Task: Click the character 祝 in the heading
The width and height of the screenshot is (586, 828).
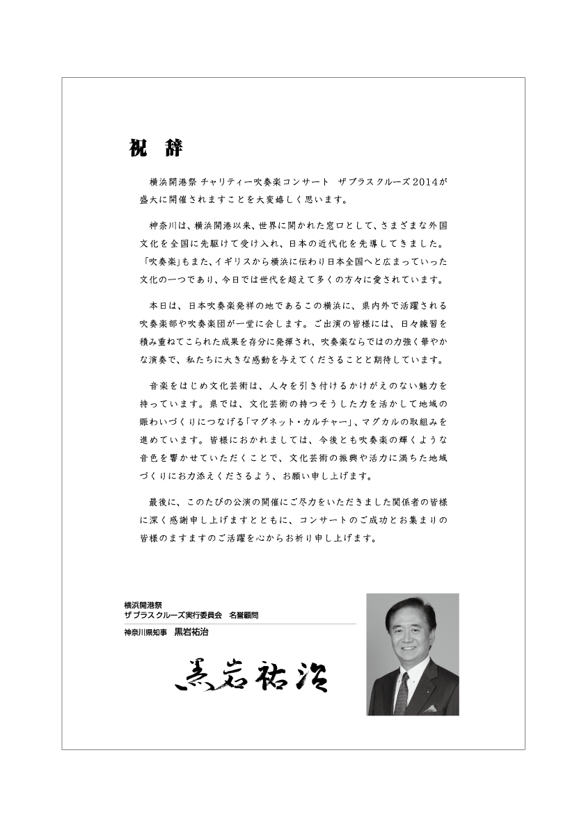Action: [x=137, y=149]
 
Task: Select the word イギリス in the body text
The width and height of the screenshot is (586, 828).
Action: [x=241, y=263]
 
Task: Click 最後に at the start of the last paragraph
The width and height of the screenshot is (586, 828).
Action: [x=163, y=501]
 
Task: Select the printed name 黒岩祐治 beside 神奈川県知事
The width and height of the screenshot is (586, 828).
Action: [x=191, y=633]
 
